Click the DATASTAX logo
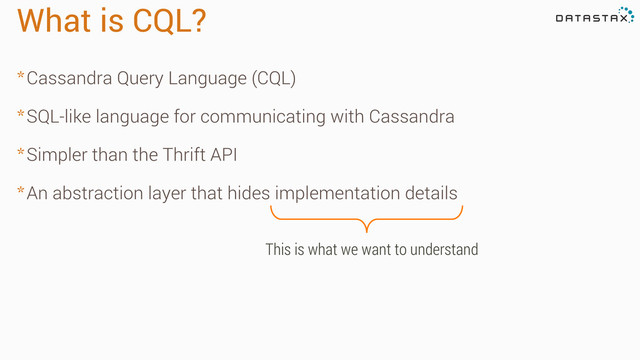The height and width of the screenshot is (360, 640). point(593,18)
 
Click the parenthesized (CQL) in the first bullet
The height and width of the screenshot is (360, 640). point(273,78)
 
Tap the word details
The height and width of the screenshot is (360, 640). point(431,193)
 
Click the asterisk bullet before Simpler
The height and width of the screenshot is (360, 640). point(20,154)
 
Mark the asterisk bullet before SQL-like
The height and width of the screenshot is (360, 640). point(20,116)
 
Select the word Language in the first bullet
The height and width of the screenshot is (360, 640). point(204,78)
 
